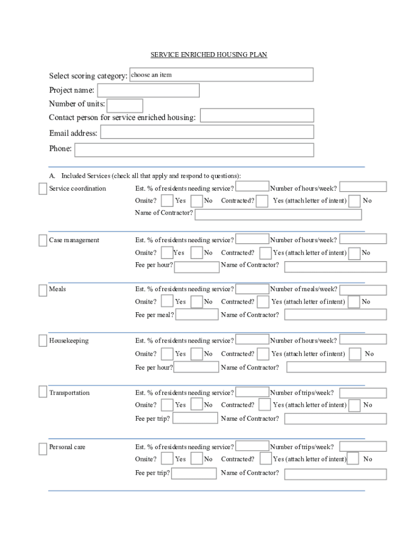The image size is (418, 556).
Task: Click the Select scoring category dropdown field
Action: coord(221,74)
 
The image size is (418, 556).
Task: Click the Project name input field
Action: coord(148,90)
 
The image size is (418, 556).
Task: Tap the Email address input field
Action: coord(207,132)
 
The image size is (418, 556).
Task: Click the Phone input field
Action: coord(194,149)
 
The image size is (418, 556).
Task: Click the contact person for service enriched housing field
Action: coord(257,115)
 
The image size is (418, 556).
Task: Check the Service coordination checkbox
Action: coord(43,189)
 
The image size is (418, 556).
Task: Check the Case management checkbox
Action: coord(43,241)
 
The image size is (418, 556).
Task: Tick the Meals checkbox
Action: coord(43,290)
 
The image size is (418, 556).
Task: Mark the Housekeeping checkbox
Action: coord(43,341)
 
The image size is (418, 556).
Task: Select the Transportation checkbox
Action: coord(43,393)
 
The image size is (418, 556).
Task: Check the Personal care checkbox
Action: coord(43,448)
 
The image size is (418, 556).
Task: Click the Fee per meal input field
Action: coord(197,315)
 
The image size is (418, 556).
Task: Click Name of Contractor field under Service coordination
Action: coord(278,214)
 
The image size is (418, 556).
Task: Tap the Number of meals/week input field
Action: coord(363,290)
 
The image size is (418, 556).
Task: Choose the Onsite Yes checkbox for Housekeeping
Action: coord(167,354)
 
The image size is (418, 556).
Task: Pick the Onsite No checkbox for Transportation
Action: coord(197,405)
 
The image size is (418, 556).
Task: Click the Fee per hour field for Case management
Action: coord(197,267)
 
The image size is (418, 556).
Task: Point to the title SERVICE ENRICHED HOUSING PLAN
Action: coord(209,55)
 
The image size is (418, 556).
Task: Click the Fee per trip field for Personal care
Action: coord(194,473)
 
